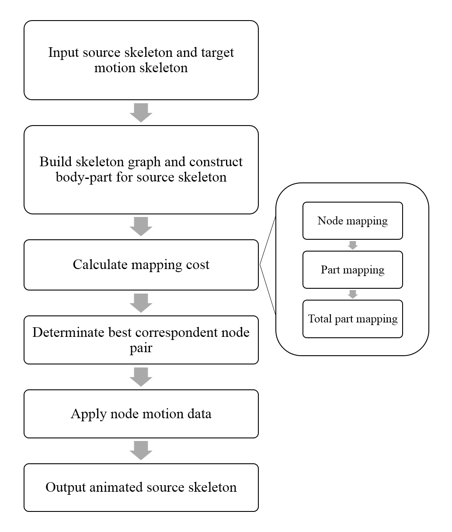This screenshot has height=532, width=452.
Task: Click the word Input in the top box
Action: coord(63,53)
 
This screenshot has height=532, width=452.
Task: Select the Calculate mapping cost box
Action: coord(141,265)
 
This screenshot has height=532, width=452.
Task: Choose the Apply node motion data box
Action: coord(141,414)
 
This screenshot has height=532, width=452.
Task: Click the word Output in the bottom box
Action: coord(66,487)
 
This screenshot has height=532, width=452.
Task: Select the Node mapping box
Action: coord(353,221)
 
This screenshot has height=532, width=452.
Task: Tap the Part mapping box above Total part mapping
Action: coord(353,270)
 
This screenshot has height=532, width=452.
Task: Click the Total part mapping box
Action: coord(353,319)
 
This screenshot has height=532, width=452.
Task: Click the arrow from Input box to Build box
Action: coord(141,113)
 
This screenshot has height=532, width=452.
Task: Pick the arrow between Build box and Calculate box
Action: coord(141,227)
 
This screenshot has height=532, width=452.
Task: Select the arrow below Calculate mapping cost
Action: coord(141,303)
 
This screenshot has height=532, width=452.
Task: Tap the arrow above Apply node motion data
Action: coord(141,377)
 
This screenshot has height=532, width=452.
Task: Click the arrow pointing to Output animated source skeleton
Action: coord(141,451)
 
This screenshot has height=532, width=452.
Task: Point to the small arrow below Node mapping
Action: coord(353,245)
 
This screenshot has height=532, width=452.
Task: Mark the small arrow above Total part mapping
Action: coord(353,294)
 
